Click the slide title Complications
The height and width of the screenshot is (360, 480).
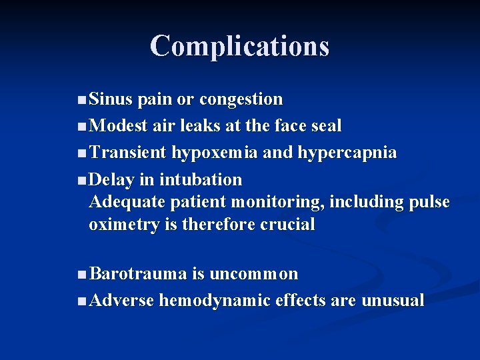pyautogui.click(x=239, y=46)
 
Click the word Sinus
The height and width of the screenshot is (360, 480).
pyautogui.click(x=111, y=99)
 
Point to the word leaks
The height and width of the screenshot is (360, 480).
pyautogui.click(x=208, y=126)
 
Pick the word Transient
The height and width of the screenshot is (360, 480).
pyautogui.click(x=127, y=153)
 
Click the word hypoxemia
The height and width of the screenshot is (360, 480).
pyautogui.click(x=215, y=153)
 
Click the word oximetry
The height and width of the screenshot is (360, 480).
pyautogui.click(x=124, y=225)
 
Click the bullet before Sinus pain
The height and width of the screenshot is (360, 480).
pyautogui.click(x=81, y=100)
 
